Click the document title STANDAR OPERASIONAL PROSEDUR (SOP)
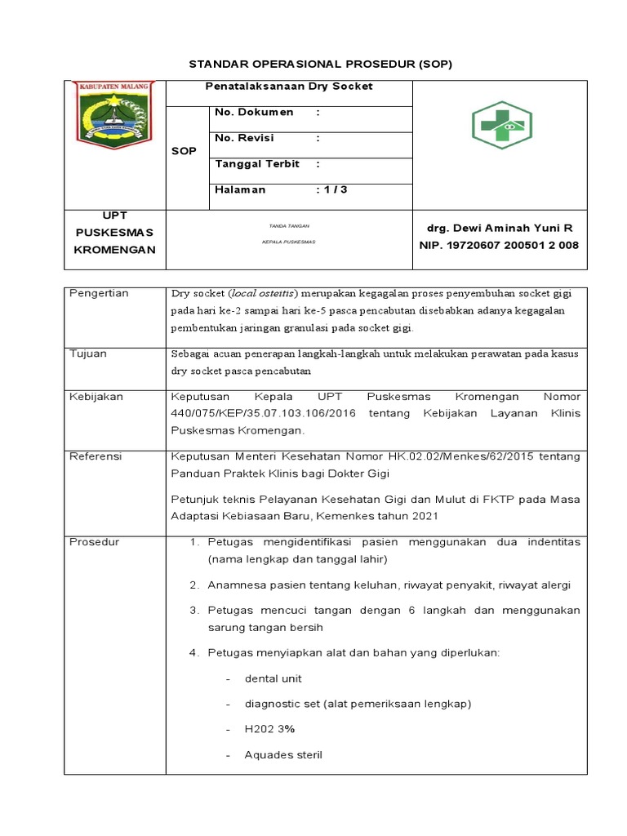point(320,63)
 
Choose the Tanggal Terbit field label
point(257,163)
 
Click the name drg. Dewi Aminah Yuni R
point(500,229)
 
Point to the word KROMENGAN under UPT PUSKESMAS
point(114,249)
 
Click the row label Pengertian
point(100,293)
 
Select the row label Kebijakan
point(96,396)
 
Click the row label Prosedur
point(95,541)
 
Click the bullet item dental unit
point(273,678)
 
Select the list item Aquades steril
point(283,754)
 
